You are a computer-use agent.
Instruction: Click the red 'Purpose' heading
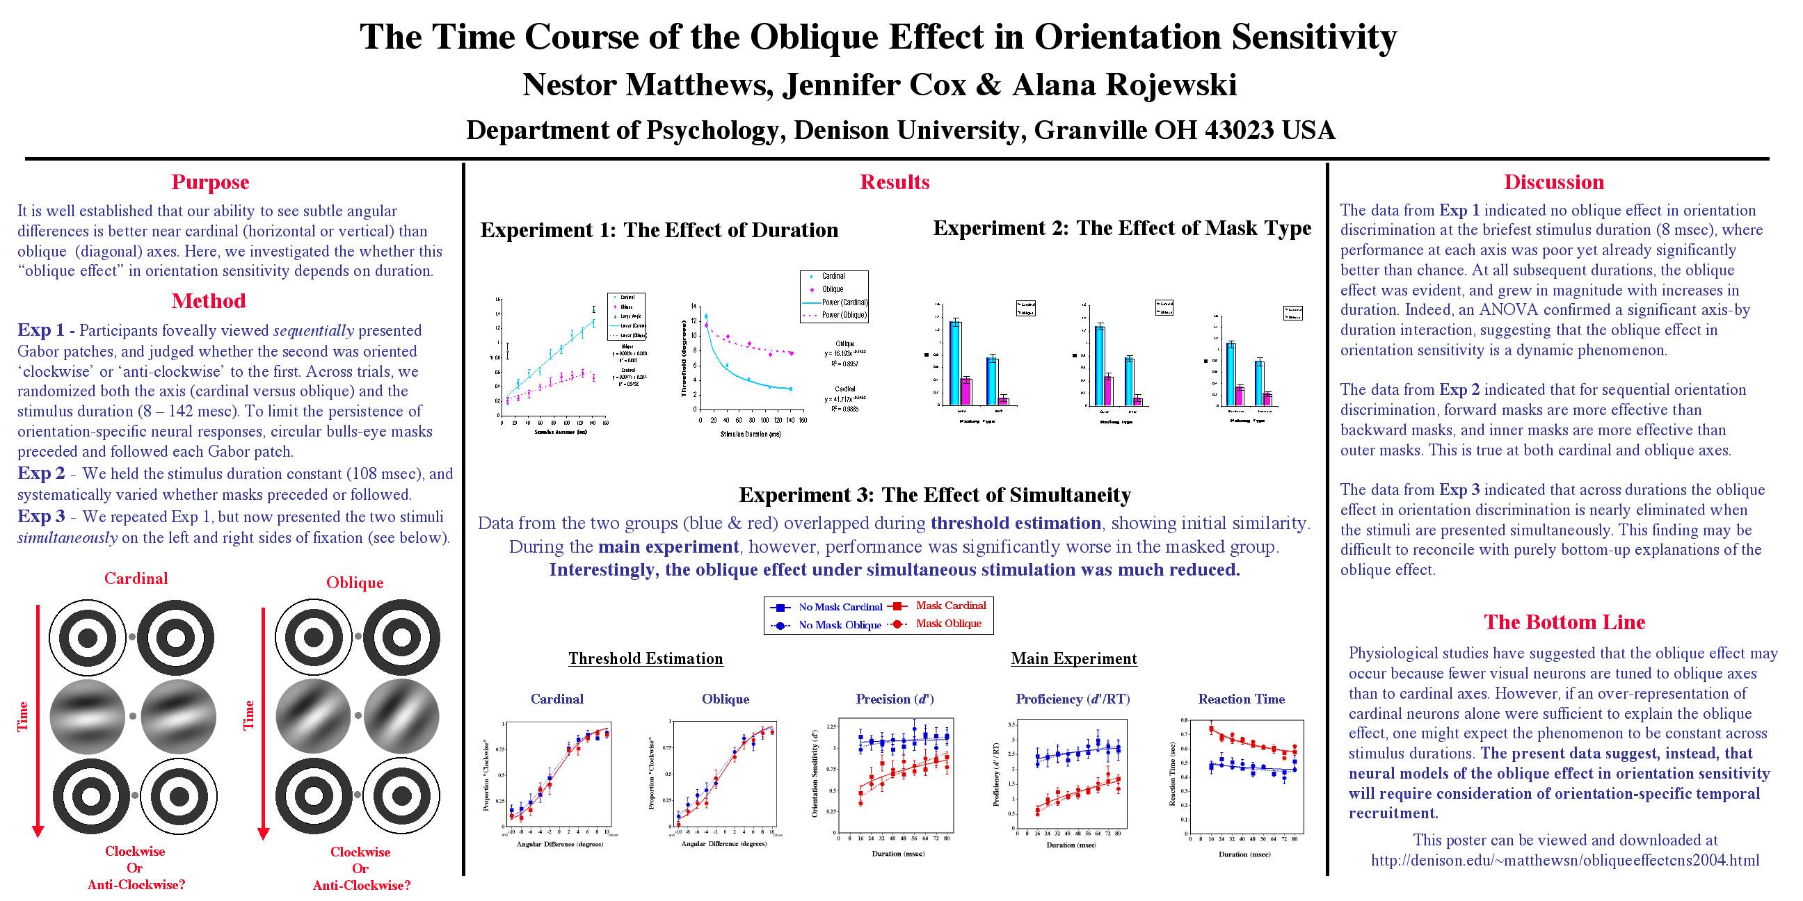coord(210,182)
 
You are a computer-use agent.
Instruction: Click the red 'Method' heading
coord(209,301)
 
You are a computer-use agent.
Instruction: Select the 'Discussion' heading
coord(1554,182)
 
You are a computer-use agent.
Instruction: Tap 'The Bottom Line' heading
coord(1564,622)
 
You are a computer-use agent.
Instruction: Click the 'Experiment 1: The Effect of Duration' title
coord(659,230)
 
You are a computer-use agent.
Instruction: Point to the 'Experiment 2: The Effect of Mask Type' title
coord(1122,228)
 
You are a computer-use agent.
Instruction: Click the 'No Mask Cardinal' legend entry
coord(840,607)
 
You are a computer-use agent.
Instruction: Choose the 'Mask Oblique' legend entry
coord(948,624)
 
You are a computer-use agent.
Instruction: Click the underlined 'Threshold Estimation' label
coord(646,658)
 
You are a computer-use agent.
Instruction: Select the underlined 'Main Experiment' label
coord(1074,658)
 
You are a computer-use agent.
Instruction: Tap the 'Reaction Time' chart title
coord(1241,699)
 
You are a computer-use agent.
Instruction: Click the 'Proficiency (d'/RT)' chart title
coord(1073,699)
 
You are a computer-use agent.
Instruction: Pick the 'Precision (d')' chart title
coord(895,699)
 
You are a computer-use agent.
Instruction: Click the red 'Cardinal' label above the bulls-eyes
coord(136,578)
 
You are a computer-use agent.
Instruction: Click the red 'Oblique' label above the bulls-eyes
coord(355,583)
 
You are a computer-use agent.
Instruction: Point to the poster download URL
coord(1564,861)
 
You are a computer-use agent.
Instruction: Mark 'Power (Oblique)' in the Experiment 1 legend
coord(844,315)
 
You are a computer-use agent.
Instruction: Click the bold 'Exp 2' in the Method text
coord(40,473)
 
